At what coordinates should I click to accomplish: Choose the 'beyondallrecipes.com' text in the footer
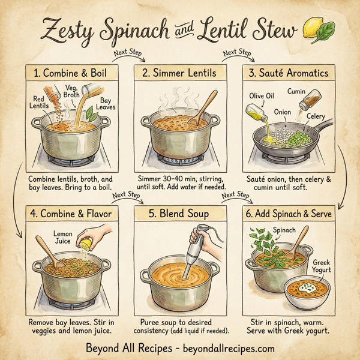point(229,348)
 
